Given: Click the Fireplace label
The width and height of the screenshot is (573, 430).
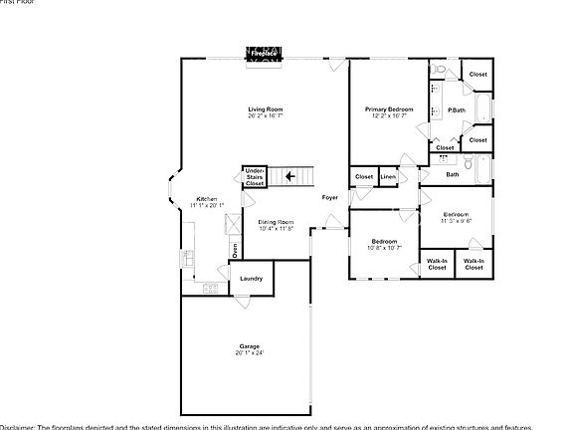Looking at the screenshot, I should pyautogui.click(x=264, y=52).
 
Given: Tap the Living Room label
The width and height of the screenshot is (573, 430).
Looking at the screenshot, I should pyautogui.click(x=266, y=108).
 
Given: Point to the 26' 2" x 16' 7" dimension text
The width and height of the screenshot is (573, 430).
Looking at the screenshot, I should pyautogui.click(x=266, y=116).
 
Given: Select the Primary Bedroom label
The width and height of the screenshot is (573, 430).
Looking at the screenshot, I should pyautogui.click(x=389, y=108).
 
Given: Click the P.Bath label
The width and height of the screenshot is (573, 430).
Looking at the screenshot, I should pyautogui.click(x=458, y=109).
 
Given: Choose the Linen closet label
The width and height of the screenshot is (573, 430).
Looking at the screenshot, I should pyautogui.click(x=388, y=177).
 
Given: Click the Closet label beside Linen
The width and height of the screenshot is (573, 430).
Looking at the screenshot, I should pyautogui.click(x=363, y=177).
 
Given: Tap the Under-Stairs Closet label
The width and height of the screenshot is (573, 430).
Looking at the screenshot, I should pyautogui.click(x=255, y=177).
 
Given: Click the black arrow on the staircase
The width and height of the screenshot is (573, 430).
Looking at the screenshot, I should pyautogui.click(x=289, y=177).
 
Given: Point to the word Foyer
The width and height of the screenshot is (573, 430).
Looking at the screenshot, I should pyautogui.click(x=329, y=197).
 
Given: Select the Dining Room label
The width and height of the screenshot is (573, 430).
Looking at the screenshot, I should pyautogui.click(x=276, y=222).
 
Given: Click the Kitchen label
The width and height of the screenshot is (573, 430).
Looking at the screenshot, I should pyautogui.click(x=207, y=199).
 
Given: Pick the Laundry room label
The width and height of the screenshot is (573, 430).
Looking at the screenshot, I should pyautogui.click(x=252, y=279).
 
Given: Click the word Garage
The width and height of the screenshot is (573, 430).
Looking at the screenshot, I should pyautogui.click(x=249, y=345).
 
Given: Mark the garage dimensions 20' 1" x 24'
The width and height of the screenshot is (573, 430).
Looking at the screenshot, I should pyautogui.click(x=249, y=353).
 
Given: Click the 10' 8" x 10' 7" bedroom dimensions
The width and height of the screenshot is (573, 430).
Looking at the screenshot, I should pyautogui.click(x=385, y=249).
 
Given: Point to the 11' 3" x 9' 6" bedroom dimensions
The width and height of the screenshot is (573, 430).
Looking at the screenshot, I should pyautogui.click(x=457, y=221).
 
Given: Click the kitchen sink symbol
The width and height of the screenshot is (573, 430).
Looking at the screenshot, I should pyautogui.click(x=186, y=259).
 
